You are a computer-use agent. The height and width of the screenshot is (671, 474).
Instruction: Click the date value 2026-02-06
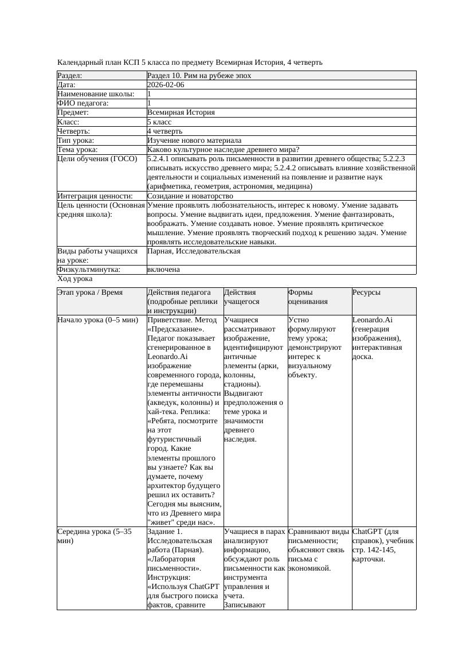(166, 85)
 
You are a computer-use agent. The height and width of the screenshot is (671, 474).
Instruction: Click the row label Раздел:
(70, 76)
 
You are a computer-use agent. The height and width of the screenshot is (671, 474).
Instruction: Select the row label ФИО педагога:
(83, 103)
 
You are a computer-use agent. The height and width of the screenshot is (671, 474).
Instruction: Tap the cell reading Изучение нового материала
(194, 141)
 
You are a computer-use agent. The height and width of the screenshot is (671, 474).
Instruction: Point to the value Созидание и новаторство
(190, 196)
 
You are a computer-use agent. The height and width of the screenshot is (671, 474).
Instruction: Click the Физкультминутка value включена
(163, 270)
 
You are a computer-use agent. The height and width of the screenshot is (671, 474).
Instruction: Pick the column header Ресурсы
(367, 292)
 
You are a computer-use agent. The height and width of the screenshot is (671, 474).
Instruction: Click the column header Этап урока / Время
(90, 292)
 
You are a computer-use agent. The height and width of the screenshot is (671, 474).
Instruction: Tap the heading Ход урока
(75, 279)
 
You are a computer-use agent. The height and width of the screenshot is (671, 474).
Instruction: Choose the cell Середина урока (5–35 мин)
(95, 536)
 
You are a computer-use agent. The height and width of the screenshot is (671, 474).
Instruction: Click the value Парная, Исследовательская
(194, 251)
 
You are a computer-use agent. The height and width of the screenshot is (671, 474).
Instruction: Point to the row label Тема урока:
(77, 150)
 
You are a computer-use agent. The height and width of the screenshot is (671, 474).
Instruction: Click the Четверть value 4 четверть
(164, 131)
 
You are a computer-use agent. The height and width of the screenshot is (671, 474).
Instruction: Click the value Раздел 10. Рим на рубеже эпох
(199, 76)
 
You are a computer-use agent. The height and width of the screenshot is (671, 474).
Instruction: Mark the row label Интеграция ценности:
(95, 196)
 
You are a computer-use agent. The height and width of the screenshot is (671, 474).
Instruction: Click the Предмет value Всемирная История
(181, 112)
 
